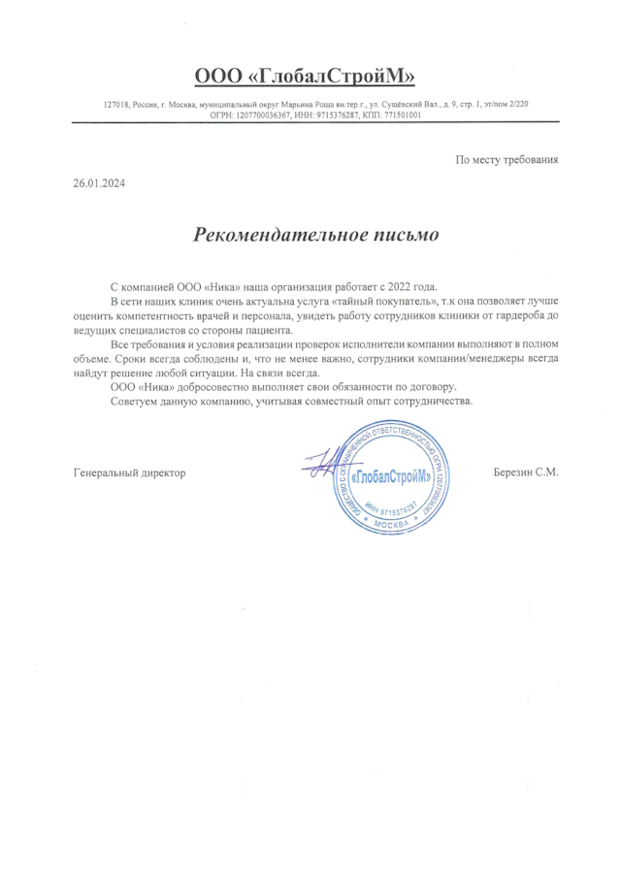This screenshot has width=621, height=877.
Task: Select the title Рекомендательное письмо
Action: (316, 235)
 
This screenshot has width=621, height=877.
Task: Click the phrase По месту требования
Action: (507, 158)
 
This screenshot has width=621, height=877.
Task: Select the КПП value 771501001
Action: (402, 114)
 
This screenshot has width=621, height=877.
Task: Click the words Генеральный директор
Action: (129, 473)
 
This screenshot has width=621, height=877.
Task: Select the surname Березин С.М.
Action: (527, 473)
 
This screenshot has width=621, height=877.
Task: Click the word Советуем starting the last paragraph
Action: (136, 401)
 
